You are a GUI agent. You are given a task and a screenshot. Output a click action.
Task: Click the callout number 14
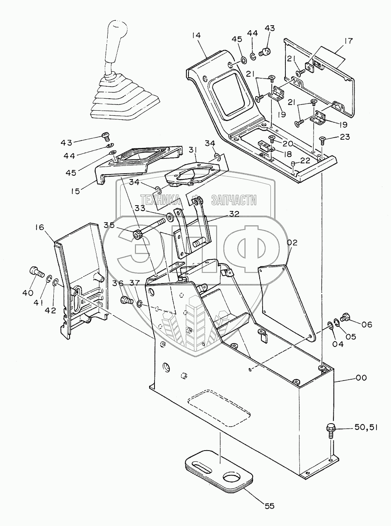[x=196, y=35]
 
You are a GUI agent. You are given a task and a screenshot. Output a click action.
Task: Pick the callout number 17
[x=348, y=41]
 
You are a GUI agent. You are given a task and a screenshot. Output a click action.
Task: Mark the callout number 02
[x=292, y=242]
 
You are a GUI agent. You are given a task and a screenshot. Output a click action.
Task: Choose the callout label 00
[x=361, y=377]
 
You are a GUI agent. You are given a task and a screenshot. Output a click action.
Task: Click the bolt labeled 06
[x=345, y=317]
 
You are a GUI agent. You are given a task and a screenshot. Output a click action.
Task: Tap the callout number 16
[x=40, y=227]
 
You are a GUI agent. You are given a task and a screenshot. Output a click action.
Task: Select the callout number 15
[x=76, y=191]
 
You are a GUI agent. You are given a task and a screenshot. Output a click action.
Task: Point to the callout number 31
[x=193, y=150]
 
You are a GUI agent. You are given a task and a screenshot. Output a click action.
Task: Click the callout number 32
[x=234, y=213]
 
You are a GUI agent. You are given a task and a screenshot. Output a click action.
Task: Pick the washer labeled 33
[x=169, y=217]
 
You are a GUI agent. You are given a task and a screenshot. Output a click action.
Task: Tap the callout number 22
[x=305, y=160]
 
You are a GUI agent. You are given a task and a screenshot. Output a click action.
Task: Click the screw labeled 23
[x=322, y=141]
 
